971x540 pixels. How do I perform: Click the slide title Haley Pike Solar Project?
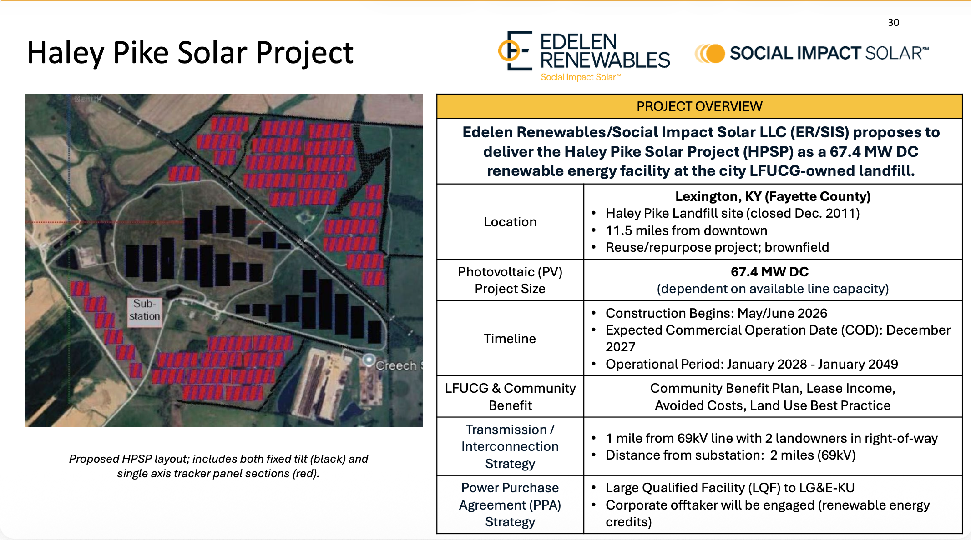[190, 53]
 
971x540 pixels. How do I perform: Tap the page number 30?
[893, 23]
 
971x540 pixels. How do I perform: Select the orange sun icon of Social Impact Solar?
[710, 54]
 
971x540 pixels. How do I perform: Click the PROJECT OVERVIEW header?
[699, 106]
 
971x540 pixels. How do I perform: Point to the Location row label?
[510, 222]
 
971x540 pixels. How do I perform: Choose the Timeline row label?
[510, 339]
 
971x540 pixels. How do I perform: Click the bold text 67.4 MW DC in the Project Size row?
[769, 272]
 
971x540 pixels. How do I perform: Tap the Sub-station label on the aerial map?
[145, 310]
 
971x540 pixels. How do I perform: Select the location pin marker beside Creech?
[369, 360]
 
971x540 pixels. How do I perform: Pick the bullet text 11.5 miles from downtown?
[686, 230]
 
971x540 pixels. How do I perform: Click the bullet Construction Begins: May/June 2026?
[716, 313]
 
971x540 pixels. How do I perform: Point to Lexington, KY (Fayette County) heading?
[773, 196]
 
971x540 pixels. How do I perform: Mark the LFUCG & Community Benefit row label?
[510, 397]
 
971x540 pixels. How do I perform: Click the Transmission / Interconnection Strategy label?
[510, 446]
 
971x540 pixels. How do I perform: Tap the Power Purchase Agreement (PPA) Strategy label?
[510, 505]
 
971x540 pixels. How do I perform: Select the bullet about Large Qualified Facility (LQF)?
[730, 488]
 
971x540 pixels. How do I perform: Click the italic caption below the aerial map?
[218, 466]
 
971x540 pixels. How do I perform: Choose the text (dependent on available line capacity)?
[773, 289]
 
